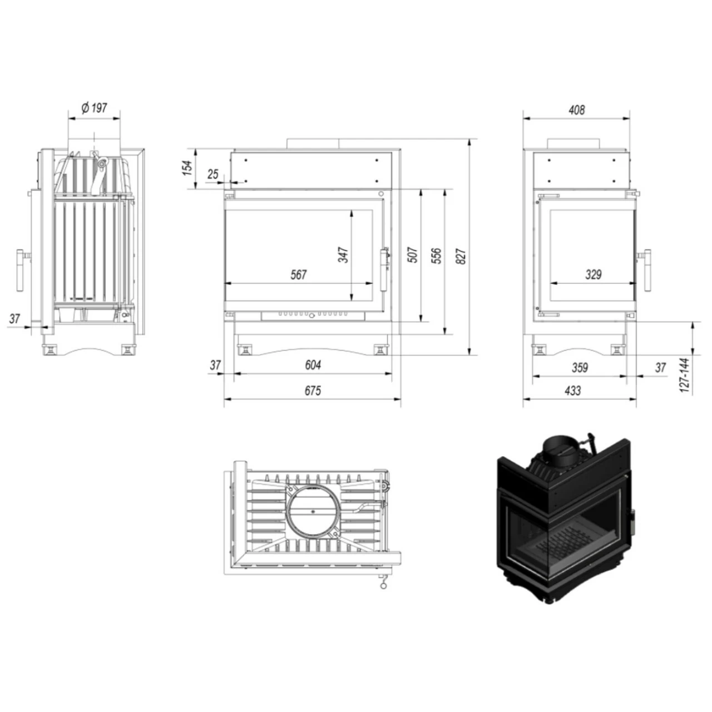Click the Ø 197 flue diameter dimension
94,107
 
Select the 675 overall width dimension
313,390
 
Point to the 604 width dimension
313,365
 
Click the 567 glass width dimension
299,274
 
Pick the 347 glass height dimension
343,255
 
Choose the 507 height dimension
412,255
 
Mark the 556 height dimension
437,255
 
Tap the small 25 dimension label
213,174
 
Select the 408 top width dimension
577,110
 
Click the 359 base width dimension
580,367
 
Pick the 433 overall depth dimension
572,390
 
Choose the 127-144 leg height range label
685,375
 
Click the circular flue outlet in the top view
313,510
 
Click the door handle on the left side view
21,270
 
